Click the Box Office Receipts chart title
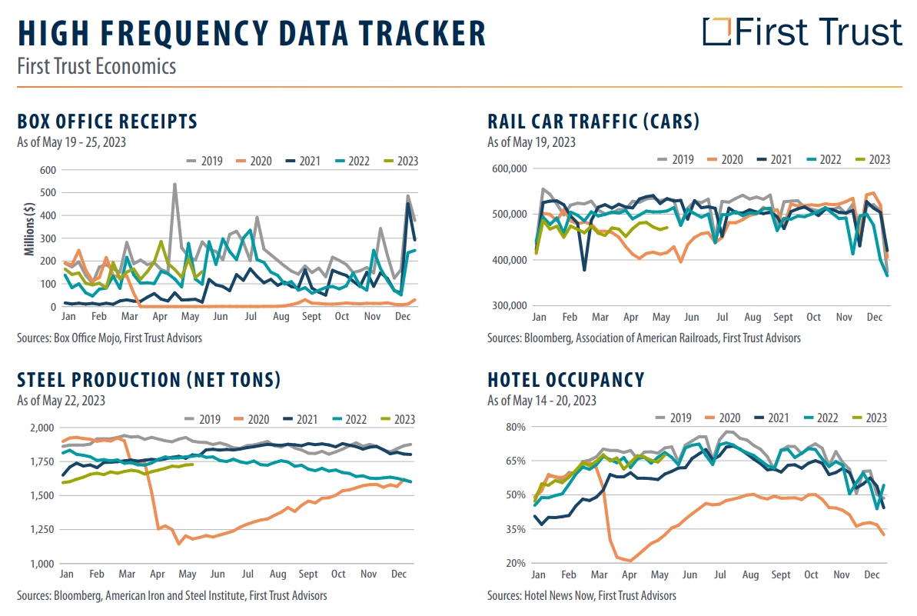point(108,122)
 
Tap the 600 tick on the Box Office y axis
point(47,171)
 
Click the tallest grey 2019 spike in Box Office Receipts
point(174,185)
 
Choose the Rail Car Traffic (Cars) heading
point(593,122)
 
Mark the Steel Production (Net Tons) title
point(149,380)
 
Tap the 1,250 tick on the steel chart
point(42,529)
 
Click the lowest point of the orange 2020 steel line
point(179,544)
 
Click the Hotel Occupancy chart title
point(566,380)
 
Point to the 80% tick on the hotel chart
point(513,427)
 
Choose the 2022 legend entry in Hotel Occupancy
point(826,418)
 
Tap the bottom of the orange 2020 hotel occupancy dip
point(630,561)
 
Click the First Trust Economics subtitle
point(97,66)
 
